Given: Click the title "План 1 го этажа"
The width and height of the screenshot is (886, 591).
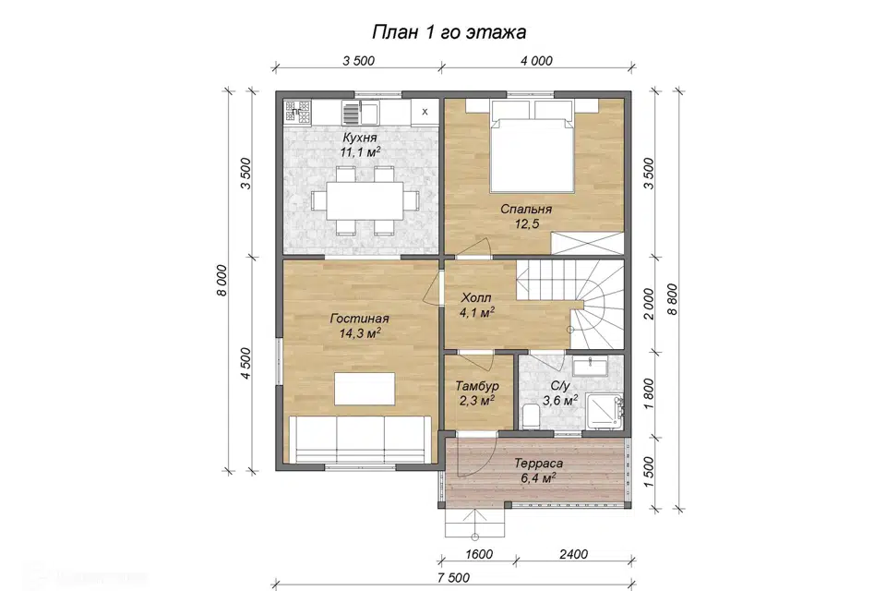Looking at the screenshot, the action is point(449,31).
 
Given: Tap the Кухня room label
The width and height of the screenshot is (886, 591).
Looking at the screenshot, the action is point(359,138).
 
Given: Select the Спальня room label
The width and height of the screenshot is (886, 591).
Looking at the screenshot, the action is point(526,210).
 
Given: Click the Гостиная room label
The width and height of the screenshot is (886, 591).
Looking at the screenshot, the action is point(359,319).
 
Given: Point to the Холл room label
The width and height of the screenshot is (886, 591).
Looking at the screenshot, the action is point(476,297).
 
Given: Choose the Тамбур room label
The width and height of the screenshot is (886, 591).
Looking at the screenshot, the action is point(477,386).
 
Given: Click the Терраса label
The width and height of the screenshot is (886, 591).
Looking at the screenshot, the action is point(538,464).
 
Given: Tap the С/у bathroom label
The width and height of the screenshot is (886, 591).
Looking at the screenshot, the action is point(560,386).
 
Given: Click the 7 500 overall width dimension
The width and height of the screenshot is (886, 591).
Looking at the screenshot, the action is point(453,577).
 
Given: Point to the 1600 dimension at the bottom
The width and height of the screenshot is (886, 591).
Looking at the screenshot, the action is point(479,554).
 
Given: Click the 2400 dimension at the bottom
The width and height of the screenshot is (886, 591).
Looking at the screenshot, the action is point(573,554).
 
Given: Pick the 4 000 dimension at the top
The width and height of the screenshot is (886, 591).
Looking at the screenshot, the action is point(536,61).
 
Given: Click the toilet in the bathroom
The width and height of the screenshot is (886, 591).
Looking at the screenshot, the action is point(530,416).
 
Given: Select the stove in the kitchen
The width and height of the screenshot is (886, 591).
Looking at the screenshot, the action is point(297,112).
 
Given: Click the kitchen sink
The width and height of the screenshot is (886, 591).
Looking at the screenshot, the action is point(360,113).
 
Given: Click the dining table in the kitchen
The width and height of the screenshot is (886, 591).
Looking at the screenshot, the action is point(365,200).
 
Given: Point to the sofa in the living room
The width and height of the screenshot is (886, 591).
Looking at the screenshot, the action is point(360,439).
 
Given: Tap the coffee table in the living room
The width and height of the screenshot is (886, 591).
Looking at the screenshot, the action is point(365,389).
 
